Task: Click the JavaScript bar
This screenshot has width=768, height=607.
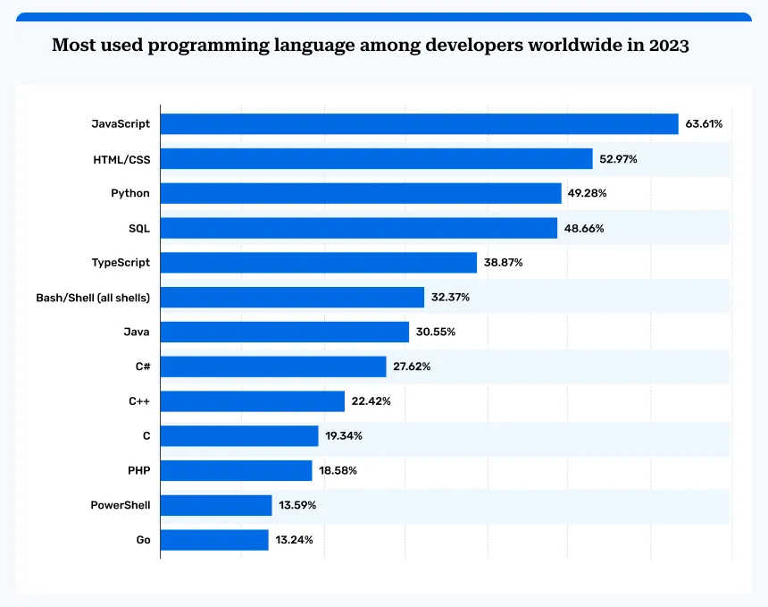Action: pyautogui.click(x=420, y=123)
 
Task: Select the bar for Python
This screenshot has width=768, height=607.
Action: pyautogui.click(x=361, y=193)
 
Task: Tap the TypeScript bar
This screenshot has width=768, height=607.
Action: pyautogui.click(x=319, y=262)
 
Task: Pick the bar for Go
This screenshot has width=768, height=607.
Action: pyautogui.click(x=214, y=540)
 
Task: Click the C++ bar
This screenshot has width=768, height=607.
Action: pyautogui.click(x=253, y=401)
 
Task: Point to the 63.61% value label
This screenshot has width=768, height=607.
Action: pyautogui.click(x=704, y=123)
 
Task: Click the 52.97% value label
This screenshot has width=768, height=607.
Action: pyautogui.click(x=618, y=158)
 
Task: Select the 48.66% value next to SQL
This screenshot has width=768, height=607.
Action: pyautogui.click(x=584, y=228)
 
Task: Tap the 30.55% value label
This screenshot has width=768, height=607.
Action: pyautogui.click(x=436, y=332)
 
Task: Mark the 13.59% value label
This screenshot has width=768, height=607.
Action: pyautogui.click(x=297, y=505)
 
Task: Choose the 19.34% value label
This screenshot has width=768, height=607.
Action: pyautogui.click(x=344, y=436)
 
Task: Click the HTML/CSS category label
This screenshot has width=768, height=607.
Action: pyautogui.click(x=121, y=158)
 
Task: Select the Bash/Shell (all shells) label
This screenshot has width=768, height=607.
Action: pyautogui.click(x=93, y=297)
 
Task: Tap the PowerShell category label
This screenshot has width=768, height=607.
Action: pyautogui.click(x=121, y=505)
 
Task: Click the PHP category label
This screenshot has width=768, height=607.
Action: pyautogui.click(x=138, y=470)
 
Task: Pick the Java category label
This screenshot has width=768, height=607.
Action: pyautogui.click(x=137, y=332)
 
